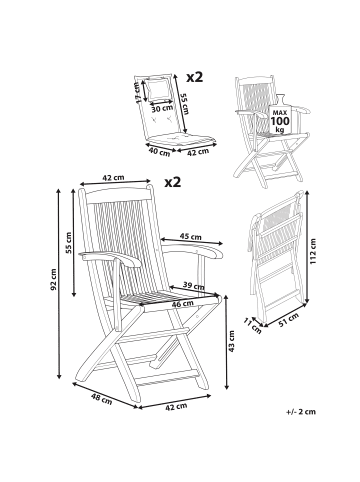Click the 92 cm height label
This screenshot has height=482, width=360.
coord(54,279)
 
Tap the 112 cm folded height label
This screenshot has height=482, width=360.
coord(312,251)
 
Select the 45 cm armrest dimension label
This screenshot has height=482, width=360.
coord(191,237)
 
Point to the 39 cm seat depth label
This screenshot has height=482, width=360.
coord(193,286)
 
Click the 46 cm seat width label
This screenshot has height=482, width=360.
coord(183,304)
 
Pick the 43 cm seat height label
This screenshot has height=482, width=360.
coord(232,341)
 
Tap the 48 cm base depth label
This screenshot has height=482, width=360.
coord(101,399)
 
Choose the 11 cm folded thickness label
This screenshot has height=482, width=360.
coord(252,326)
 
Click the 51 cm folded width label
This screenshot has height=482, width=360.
coord(288,319)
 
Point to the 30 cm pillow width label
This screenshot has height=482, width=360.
coord(162,108)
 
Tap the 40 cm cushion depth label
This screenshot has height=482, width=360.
coord(159,152)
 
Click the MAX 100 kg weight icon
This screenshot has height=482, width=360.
coord(280,115)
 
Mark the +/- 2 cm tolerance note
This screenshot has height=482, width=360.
coord(301,412)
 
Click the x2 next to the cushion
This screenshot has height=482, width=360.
coord(194,77)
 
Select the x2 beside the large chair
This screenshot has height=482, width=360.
coord(173,182)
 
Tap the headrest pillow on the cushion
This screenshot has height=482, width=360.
coord(159,89)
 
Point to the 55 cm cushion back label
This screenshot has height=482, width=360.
coord(184,103)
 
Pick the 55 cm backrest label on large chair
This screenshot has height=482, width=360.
coord(68,243)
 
